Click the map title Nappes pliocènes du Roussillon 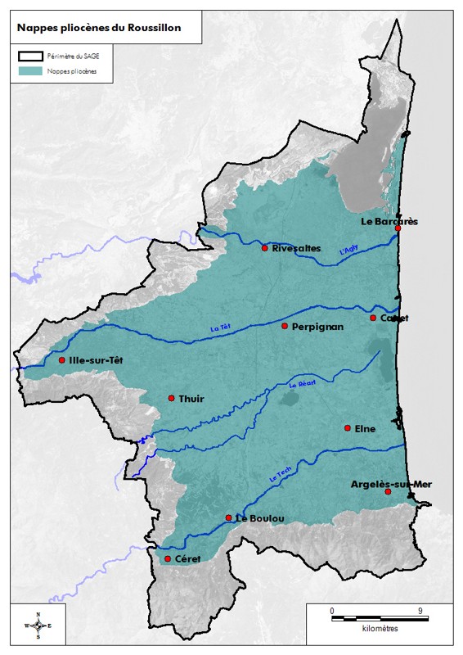click(x=99, y=27)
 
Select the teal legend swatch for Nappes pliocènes click(x=30, y=71)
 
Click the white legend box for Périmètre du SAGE click(x=30, y=56)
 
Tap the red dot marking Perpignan click(x=285, y=326)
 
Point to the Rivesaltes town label click(x=296, y=248)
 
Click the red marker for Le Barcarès click(x=398, y=228)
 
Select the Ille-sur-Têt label click(x=99, y=360)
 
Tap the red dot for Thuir click(x=171, y=398)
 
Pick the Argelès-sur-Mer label click(x=390, y=484)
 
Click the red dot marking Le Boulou click(x=228, y=517)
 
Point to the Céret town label click(x=187, y=559)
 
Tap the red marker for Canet click(x=373, y=318)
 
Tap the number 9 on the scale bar click(x=420, y=611)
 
